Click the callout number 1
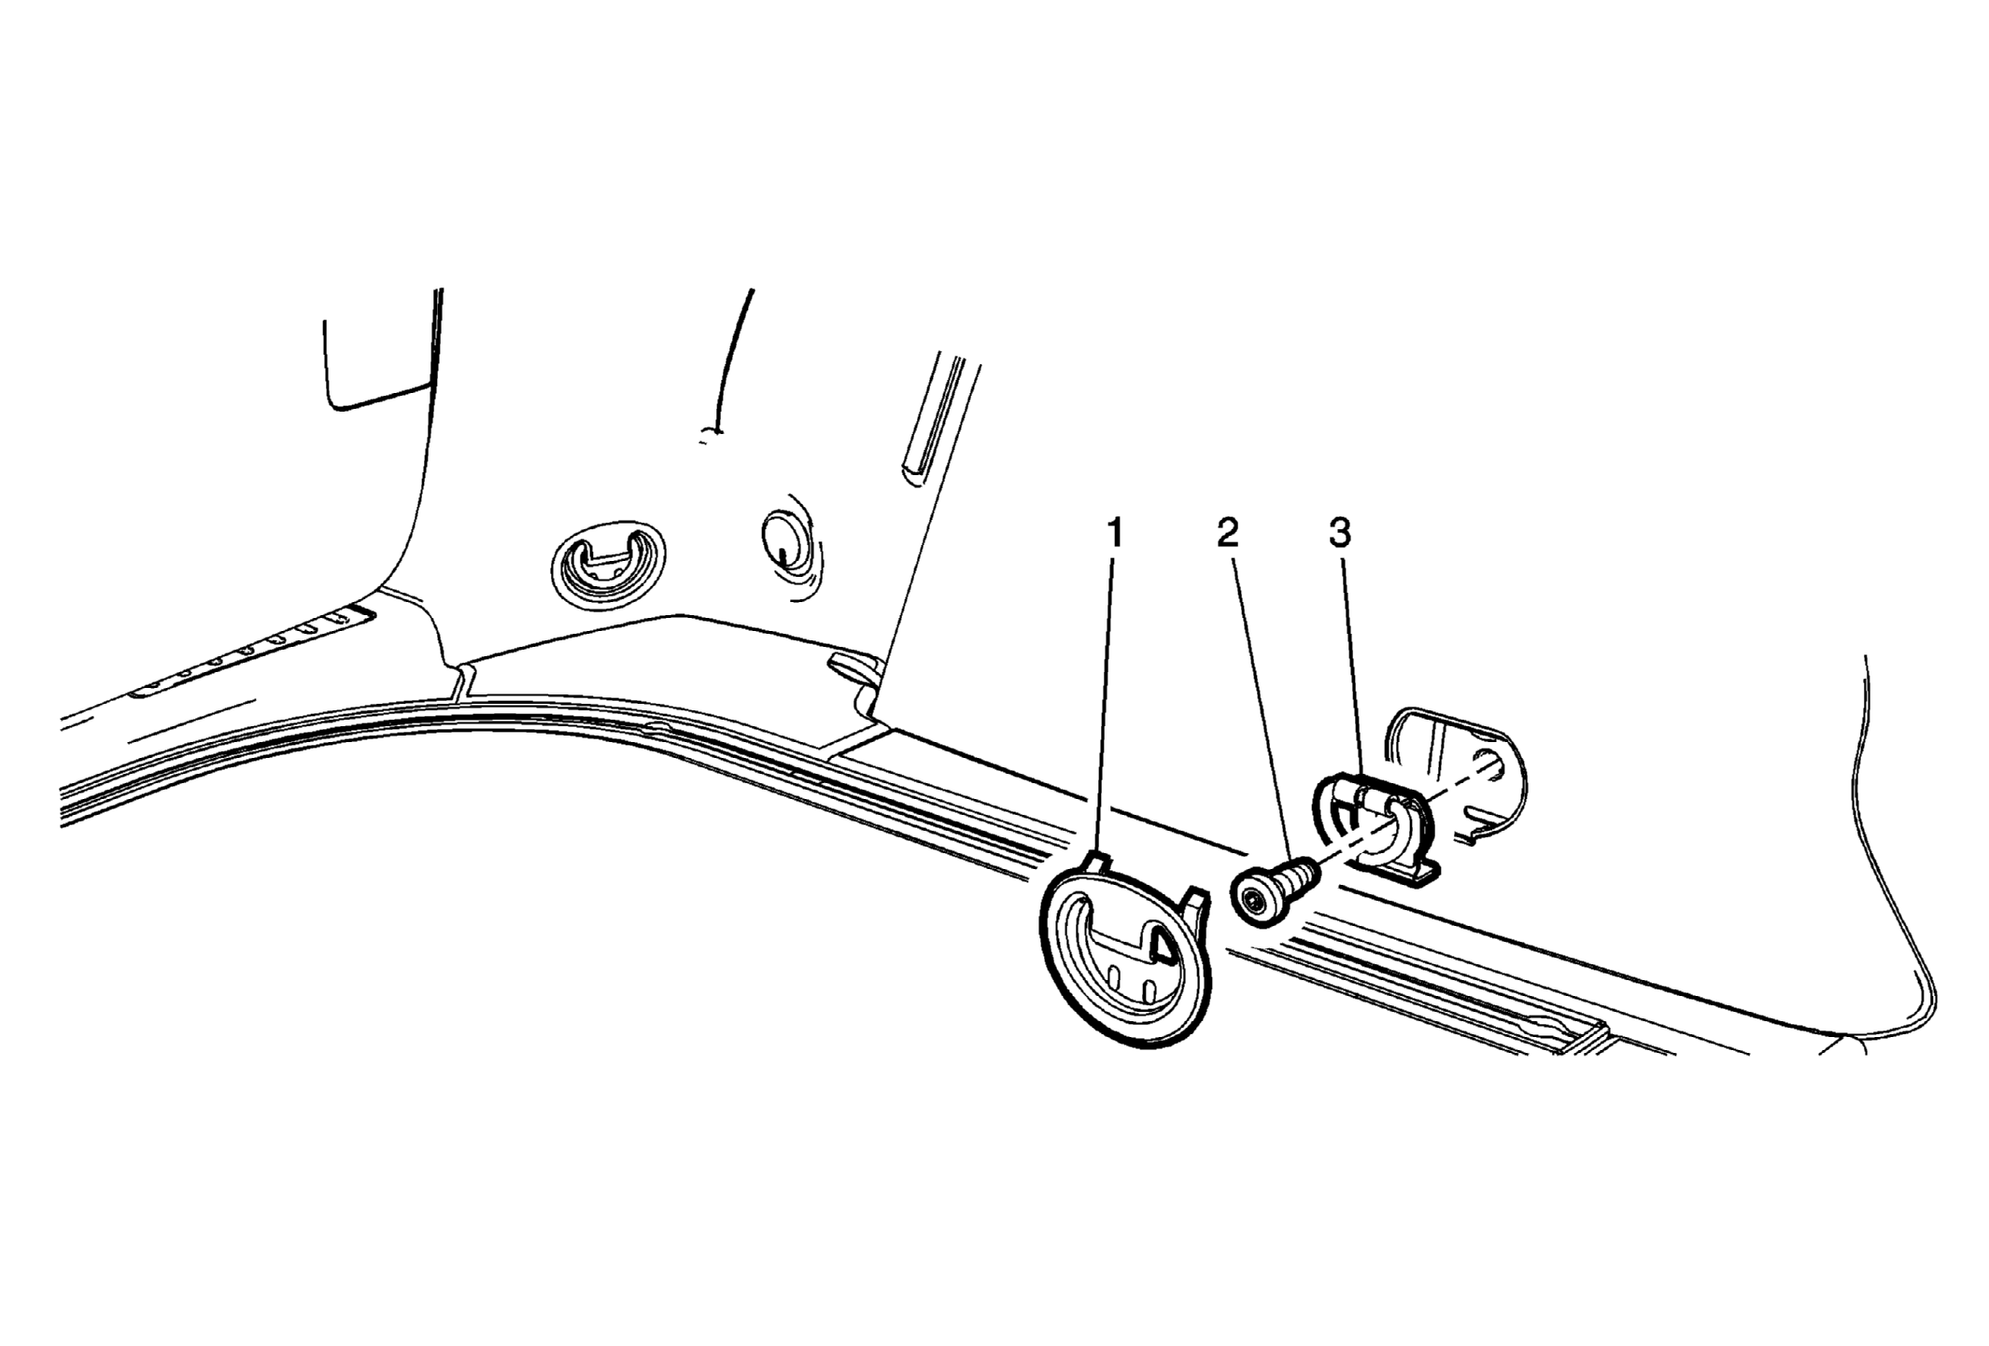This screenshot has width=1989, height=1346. (1113, 534)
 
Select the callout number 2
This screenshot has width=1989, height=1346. (1227, 534)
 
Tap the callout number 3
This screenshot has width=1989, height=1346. (1340, 534)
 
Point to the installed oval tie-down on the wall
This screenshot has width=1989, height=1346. (608, 566)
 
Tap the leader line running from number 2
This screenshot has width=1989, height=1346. (1263, 710)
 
